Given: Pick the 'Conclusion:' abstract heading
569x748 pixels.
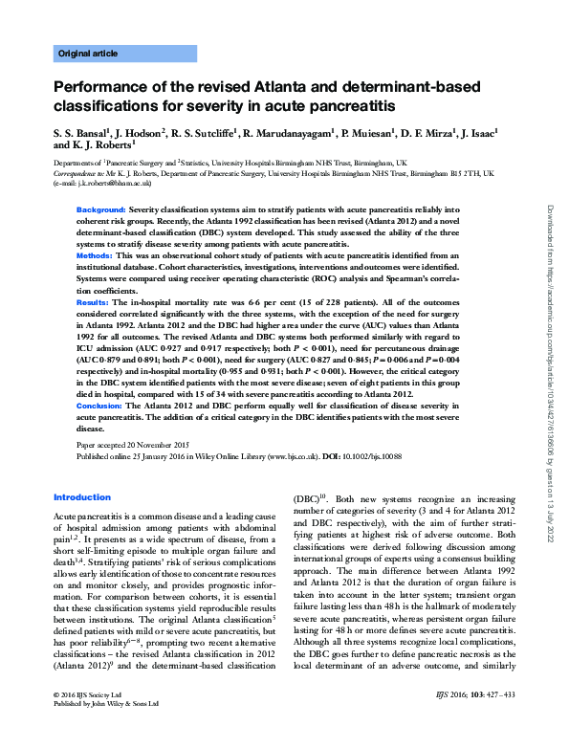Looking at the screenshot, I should click(x=100, y=406).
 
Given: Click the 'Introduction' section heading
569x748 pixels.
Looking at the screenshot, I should click(x=82, y=497).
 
